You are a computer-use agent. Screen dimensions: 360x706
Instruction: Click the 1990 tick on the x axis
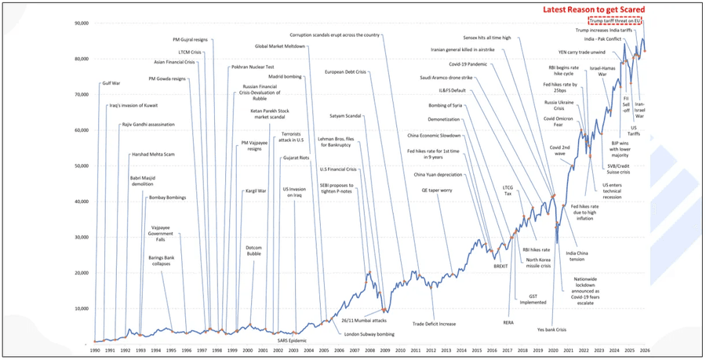94,351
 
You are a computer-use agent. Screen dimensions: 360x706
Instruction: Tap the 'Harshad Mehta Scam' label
152,155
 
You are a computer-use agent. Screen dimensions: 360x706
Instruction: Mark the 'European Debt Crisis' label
346,72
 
